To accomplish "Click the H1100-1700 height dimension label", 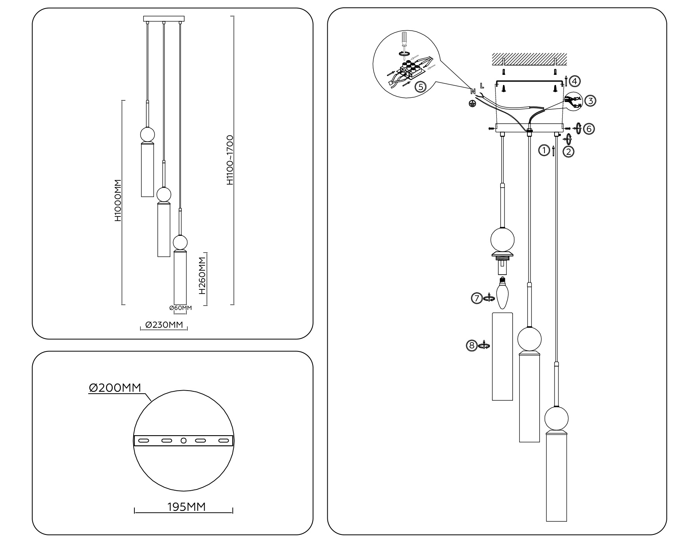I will point(230,160).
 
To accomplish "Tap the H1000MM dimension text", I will point(118,201).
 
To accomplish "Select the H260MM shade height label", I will point(202,275).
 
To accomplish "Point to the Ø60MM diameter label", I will point(181,308).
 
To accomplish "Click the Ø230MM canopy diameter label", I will point(164,325).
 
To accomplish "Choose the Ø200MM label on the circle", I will point(115,387).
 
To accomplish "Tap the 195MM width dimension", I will point(186,507).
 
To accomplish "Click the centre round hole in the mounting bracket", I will point(184,441).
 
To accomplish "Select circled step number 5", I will point(420,87).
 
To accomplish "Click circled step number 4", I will point(575,81).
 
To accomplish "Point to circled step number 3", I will point(590,101).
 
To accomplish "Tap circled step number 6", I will point(589,129).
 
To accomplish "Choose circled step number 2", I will point(568,152).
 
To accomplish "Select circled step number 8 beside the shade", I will point(471,345).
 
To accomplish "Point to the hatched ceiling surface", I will point(529,59).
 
